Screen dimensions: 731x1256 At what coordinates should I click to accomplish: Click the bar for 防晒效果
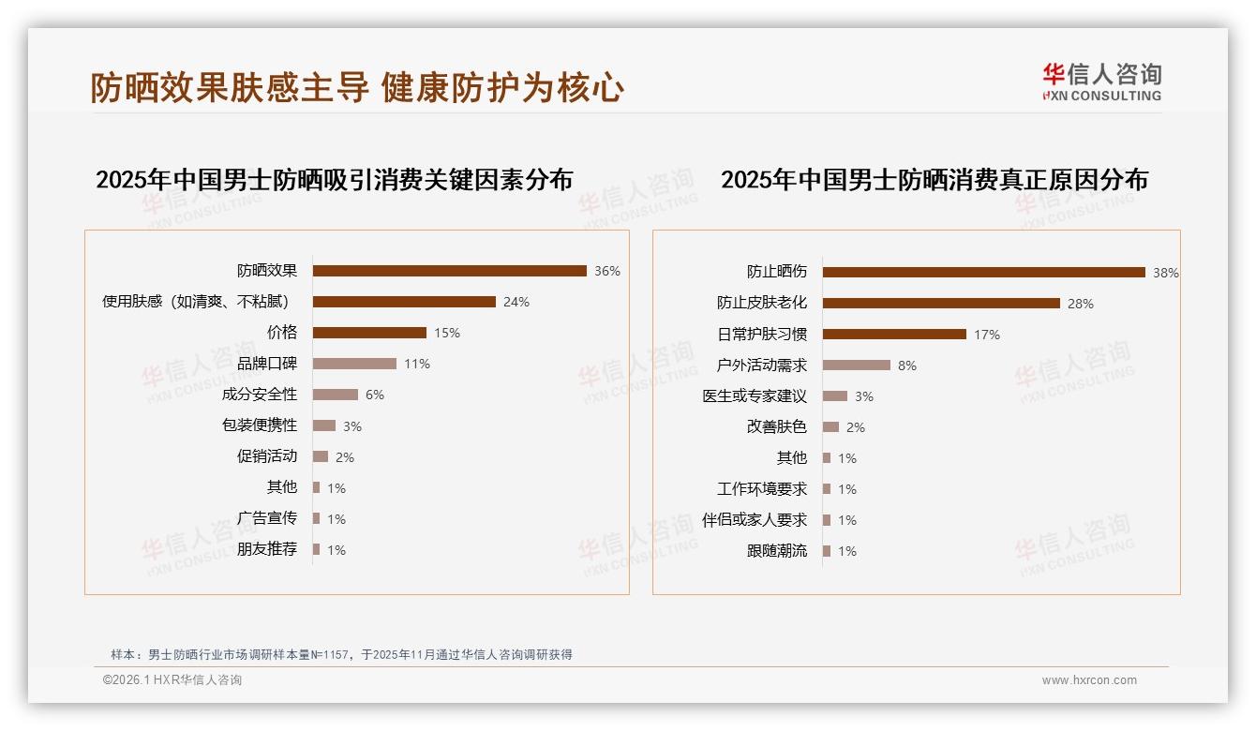(449, 271)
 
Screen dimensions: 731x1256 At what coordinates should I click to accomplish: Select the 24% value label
(516, 302)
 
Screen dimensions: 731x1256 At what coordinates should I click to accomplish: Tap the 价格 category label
(281, 333)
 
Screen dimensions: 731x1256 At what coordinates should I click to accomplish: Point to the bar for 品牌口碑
(354, 364)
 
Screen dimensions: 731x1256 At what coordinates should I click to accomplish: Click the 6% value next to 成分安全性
(375, 395)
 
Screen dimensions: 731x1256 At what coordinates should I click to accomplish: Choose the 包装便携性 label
(259, 425)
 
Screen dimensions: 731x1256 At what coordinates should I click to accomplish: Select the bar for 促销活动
(321, 456)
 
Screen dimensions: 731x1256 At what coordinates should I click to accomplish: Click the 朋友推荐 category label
(266, 549)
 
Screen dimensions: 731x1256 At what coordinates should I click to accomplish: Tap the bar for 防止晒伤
(983, 273)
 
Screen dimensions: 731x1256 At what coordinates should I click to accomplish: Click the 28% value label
(1081, 304)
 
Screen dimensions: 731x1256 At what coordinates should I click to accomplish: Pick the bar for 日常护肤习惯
(894, 335)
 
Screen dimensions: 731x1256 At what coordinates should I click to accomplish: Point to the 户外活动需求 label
(761, 365)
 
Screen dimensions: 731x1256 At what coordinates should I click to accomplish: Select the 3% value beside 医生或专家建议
(864, 396)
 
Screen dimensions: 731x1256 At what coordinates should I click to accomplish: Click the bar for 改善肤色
(830, 427)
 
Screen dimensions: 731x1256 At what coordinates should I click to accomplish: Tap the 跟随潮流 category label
(776, 551)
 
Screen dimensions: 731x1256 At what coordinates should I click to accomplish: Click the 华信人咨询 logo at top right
(1101, 82)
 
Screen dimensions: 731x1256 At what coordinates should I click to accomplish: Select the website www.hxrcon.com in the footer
(1089, 680)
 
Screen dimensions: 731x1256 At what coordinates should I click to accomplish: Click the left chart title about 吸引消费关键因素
(334, 179)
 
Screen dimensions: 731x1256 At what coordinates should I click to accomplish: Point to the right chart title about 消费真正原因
(934, 179)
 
